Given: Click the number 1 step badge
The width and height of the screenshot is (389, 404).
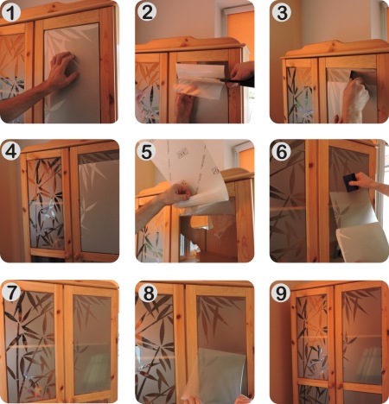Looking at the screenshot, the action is coord(11,12).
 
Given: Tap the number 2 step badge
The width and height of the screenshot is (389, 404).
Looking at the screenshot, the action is coord(147,12).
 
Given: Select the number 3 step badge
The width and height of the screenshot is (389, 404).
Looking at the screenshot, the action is coord(282,12).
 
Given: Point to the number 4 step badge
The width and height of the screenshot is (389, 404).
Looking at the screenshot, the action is coord(11,151).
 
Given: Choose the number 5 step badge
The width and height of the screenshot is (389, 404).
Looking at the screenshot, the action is coord(147,151).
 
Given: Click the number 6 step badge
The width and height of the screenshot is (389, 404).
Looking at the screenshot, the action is coord(282,151).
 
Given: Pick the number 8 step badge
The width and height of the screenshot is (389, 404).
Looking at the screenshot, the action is coord(148,294).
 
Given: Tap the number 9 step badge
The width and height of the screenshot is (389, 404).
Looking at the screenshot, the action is coord(281,294).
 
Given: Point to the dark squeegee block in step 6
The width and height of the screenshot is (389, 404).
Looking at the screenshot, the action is coord(351,183).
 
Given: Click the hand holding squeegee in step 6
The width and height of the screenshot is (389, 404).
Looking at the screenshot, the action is coord(365,181).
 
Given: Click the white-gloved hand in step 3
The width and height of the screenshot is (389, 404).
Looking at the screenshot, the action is coord(355,97).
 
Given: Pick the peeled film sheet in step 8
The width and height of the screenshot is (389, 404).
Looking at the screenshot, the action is coord(218,374).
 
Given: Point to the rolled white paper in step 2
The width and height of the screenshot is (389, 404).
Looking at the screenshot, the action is coord(201,72).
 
